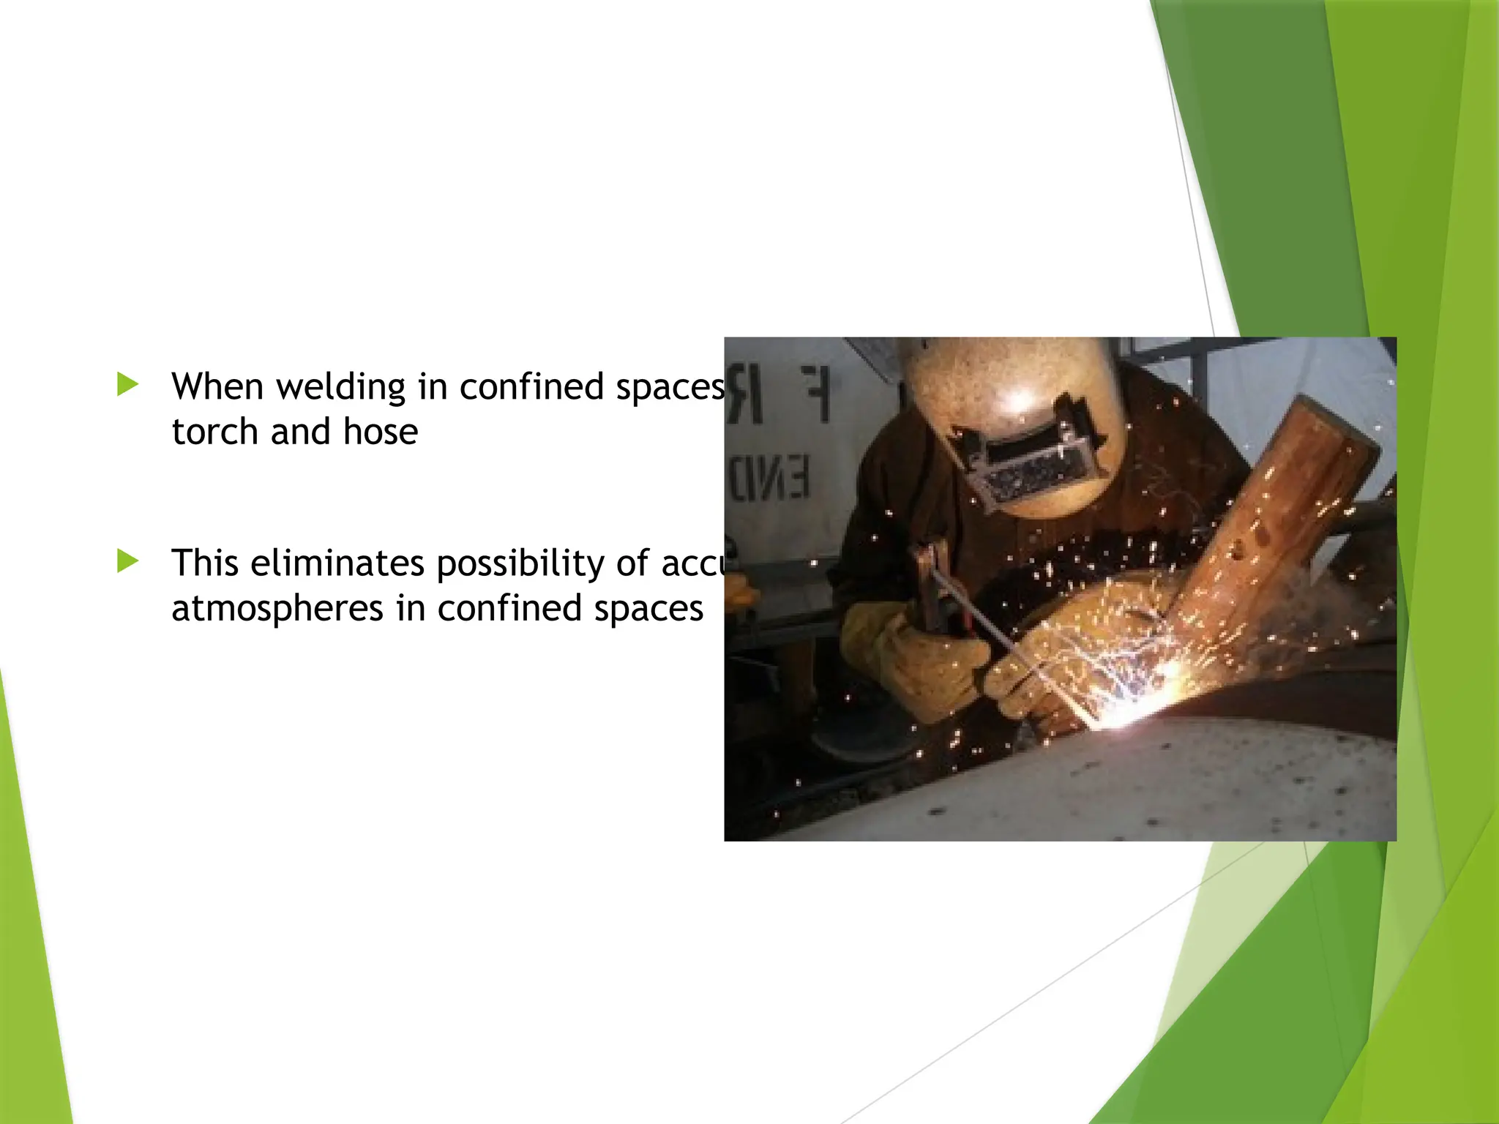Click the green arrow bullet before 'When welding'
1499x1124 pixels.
point(127,385)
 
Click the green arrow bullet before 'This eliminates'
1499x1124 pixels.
point(127,561)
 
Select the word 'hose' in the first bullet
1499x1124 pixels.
point(381,432)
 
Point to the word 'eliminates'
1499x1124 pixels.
point(337,563)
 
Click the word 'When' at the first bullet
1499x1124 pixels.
point(217,386)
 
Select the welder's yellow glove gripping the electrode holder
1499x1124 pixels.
point(908,659)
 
